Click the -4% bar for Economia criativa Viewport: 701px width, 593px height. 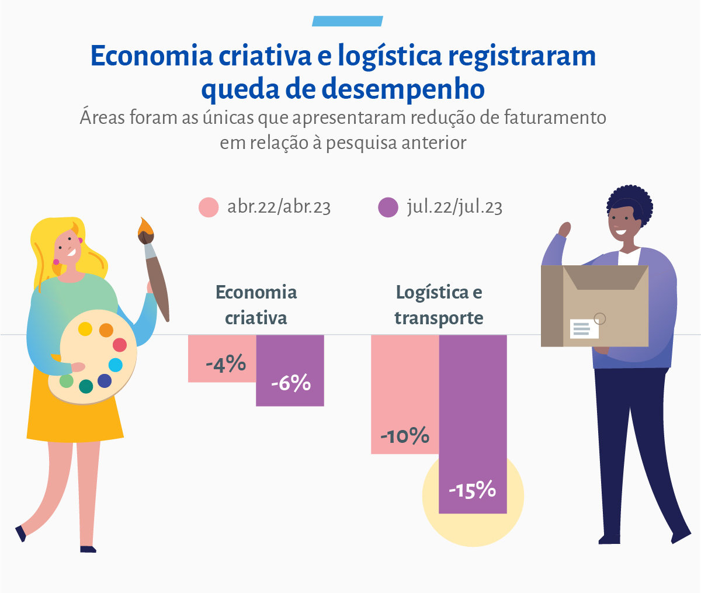[x=222, y=358]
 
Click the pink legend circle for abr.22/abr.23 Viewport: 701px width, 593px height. [x=209, y=207]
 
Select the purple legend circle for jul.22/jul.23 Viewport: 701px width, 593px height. [x=388, y=207]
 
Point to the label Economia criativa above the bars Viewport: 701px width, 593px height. [x=256, y=304]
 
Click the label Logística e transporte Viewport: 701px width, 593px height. [x=439, y=304]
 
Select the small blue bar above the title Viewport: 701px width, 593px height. [x=347, y=22]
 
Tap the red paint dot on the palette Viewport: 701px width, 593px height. [x=120, y=345]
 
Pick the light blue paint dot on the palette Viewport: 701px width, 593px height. [x=116, y=365]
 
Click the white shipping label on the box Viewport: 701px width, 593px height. [x=584, y=329]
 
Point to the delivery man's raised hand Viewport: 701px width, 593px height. [x=564, y=228]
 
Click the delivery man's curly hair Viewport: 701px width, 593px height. [x=630, y=202]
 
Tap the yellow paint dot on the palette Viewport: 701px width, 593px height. [x=85, y=329]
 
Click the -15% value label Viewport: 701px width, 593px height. [x=472, y=490]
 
